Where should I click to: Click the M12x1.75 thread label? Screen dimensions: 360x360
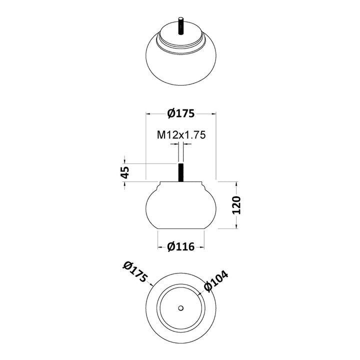[181, 135]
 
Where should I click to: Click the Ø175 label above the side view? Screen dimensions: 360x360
[181, 113]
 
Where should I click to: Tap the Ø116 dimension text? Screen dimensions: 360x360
[181, 247]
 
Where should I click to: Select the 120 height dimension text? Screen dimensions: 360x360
[236, 205]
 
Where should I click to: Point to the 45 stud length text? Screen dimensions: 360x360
[125, 172]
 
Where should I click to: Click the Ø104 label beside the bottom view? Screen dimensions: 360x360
[216, 281]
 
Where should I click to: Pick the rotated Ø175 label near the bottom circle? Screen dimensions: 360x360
[135, 271]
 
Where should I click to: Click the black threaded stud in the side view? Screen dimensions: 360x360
[181, 172]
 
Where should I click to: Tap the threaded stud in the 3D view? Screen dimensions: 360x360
[181, 25]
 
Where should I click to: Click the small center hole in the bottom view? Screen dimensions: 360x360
[181, 308]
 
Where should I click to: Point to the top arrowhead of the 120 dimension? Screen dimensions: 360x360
[236, 183]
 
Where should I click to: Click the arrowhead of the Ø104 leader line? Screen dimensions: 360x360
[199, 293]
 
